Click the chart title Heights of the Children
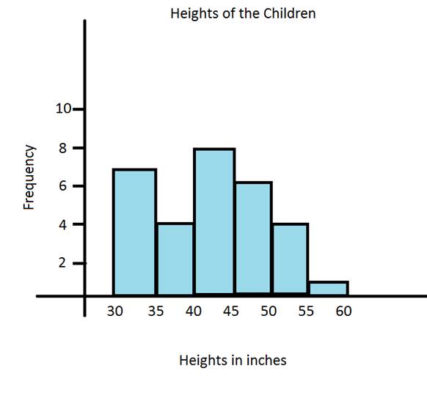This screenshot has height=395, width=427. click(243, 14)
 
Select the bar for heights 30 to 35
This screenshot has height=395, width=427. click(134, 232)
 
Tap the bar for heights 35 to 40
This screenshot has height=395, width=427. click(175, 259)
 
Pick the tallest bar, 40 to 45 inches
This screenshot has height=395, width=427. click(214, 222)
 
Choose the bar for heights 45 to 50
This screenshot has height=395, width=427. click(253, 238)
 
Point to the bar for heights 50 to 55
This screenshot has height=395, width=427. click(290, 259)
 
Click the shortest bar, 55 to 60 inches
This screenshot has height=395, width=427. click(328, 288)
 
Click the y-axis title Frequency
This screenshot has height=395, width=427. click(29, 177)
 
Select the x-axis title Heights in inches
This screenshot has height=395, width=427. click(233, 361)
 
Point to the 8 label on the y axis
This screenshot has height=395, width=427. click(63, 148)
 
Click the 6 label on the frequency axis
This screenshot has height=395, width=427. click(63, 186)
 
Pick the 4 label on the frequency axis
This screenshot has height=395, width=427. click(63, 224)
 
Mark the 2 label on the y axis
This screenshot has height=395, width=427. click(63, 262)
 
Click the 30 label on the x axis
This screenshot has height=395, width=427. click(115, 311)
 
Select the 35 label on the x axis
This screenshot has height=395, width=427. click(155, 311)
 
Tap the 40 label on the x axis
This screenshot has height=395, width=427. click(194, 311)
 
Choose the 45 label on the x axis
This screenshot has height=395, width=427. click(231, 311)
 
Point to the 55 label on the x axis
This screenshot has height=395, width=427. click(306, 311)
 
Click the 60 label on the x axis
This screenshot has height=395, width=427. click(343, 311)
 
